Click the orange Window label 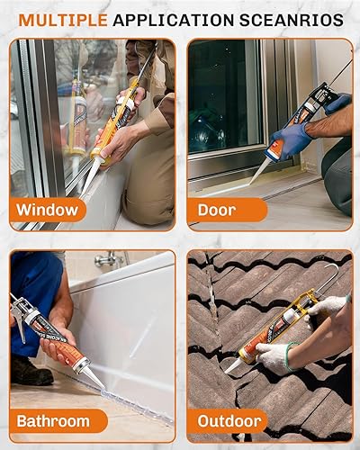tap(50, 211)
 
